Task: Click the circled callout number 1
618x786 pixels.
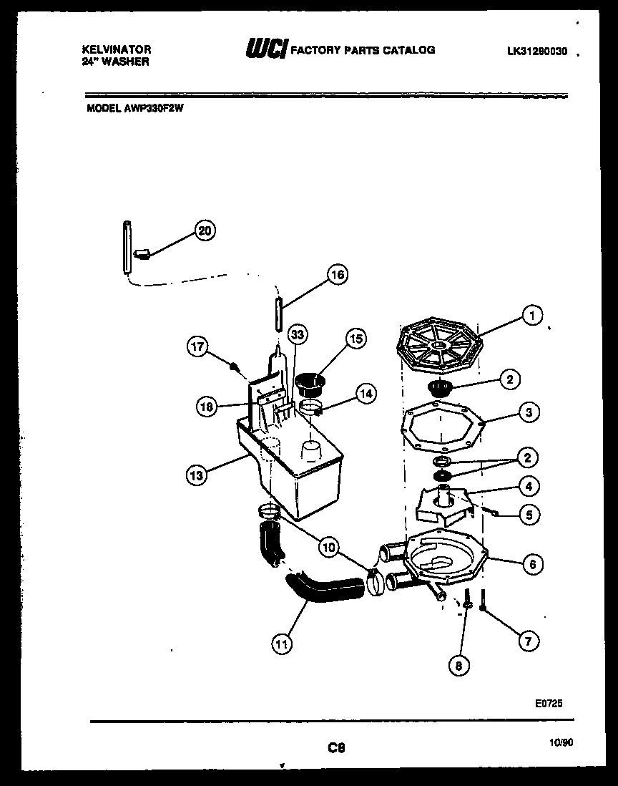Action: point(531,315)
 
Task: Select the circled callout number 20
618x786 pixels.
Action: point(205,230)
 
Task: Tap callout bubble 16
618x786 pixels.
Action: point(337,273)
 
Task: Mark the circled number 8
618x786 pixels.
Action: point(458,665)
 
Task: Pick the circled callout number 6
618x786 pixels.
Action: point(531,564)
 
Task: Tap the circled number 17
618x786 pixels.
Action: point(198,348)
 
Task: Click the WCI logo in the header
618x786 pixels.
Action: point(266,49)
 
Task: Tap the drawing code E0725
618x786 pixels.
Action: point(548,704)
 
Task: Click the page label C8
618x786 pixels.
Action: point(336,748)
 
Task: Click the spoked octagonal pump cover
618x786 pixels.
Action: point(438,348)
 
